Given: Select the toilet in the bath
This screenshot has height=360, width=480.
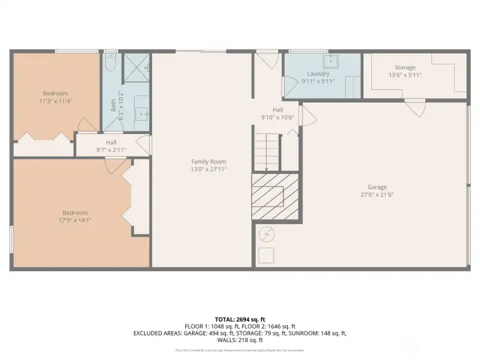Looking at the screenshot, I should [x=111, y=63].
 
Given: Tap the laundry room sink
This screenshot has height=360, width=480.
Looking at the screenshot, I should [x=331, y=61].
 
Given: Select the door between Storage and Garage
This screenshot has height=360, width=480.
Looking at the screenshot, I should [x=415, y=107].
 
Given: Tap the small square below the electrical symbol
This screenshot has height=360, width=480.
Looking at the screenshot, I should [x=266, y=255].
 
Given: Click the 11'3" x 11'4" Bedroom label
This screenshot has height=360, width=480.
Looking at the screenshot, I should [x=55, y=97].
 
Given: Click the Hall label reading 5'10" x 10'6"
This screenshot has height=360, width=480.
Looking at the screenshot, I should [x=278, y=113].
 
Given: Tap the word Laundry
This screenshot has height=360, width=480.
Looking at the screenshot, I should [x=318, y=74].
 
